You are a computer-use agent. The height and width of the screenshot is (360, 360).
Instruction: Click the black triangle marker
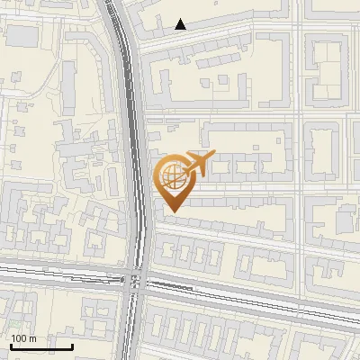click(x=181, y=24)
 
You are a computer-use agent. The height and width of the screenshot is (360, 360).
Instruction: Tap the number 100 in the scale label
click(x=19, y=338)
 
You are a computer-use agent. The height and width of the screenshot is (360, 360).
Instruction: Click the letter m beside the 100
click(x=32, y=338)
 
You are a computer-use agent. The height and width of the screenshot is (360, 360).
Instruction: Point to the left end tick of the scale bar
click(x=11, y=345)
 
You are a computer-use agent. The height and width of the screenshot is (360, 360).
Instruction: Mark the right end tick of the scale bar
click(x=72, y=345)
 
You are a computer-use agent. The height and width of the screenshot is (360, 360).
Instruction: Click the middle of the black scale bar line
click(x=41, y=346)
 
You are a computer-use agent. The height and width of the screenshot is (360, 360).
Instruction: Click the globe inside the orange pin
click(x=171, y=176)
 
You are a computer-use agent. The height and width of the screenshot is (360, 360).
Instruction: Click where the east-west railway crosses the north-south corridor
click(x=138, y=280)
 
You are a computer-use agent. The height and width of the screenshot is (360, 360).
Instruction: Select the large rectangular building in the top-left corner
click(x=23, y=36)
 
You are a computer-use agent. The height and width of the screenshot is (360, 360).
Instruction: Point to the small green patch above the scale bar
click(x=16, y=323)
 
